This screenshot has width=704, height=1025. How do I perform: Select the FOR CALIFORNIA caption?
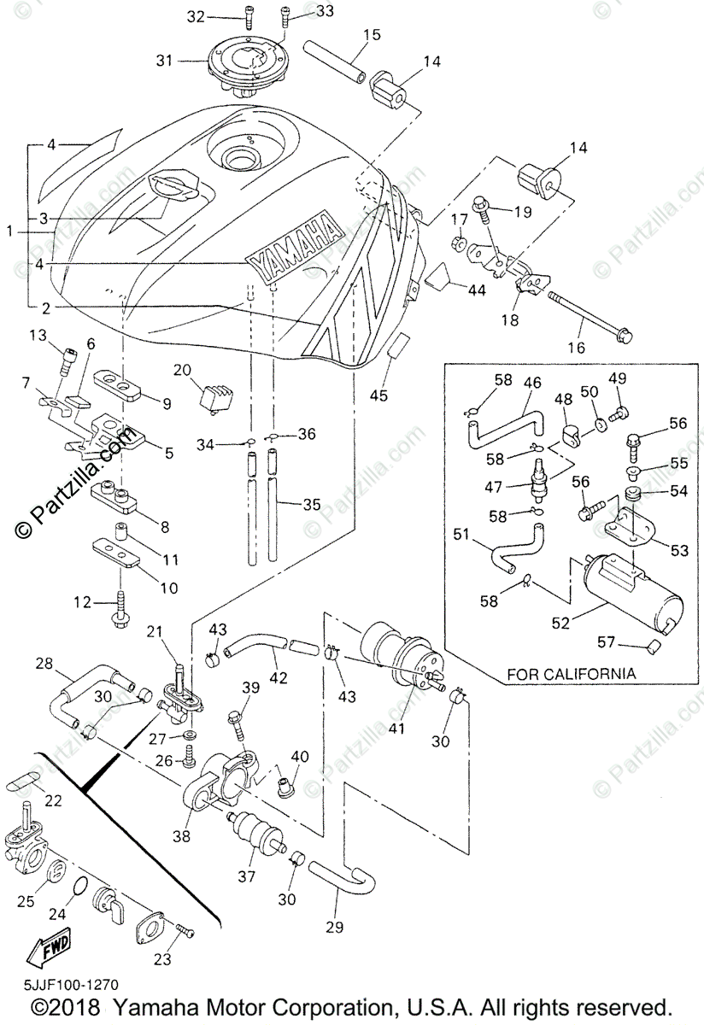[572, 673]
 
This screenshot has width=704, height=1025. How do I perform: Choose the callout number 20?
[182, 370]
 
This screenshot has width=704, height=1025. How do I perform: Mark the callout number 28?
[44, 663]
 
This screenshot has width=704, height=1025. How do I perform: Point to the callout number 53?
[680, 551]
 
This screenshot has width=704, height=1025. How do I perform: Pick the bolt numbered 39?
[237, 723]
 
